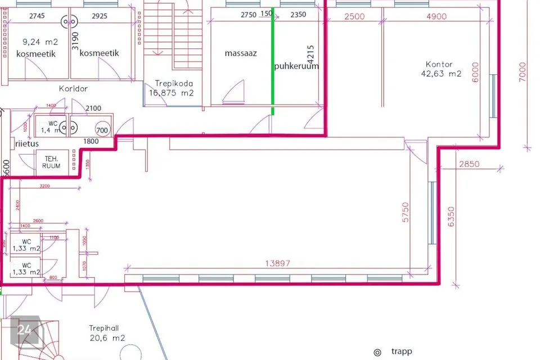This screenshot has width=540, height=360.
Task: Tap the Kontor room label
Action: (439, 64)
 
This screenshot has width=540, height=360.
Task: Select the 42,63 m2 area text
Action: (441, 73)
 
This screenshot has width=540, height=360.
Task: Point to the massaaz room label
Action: (241, 53)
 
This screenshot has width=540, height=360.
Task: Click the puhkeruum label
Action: (296, 66)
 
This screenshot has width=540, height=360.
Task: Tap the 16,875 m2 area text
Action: (172, 93)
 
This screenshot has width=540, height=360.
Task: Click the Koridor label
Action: (73, 88)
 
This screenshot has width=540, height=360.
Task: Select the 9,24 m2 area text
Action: (40, 41)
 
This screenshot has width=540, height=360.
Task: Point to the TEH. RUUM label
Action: (52, 163)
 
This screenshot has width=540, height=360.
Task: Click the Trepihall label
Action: (107, 328)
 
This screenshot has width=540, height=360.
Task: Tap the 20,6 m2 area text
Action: (107, 337)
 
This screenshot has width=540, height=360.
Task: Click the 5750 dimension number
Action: (406, 213)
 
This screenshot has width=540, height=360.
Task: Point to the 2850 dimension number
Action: (469, 164)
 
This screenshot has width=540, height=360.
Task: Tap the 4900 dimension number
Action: (436, 16)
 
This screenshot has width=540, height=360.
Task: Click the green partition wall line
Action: (273, 62)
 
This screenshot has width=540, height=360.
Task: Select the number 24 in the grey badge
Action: (24, 330)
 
